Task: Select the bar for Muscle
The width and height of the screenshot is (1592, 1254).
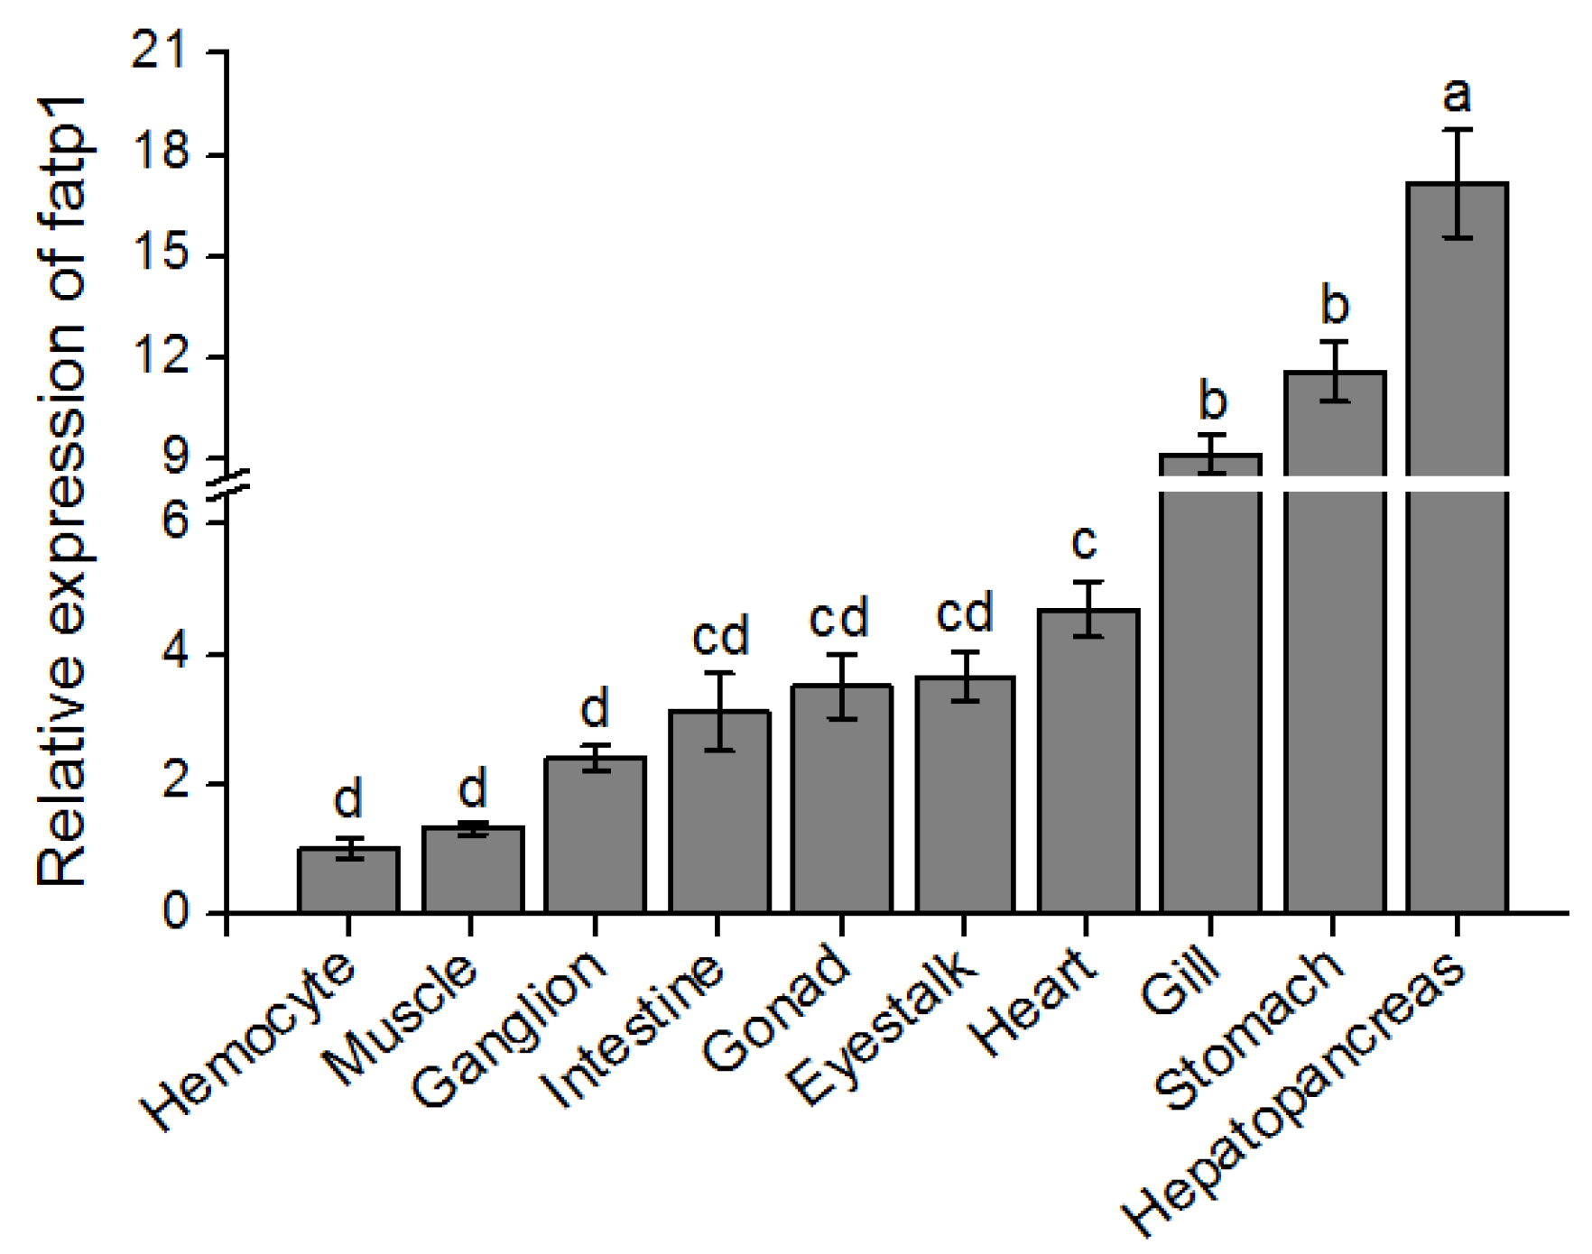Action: [x=473, y=871]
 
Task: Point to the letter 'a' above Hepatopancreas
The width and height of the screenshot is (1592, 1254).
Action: [x=1458, y=95]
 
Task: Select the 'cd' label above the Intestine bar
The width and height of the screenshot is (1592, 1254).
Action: [x=720, y=637]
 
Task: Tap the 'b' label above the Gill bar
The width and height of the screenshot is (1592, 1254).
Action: [x=1213, y=401]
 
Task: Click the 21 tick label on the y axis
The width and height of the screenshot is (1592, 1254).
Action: [x=161, y=52]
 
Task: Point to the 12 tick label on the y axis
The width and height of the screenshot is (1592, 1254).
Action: [x=161, y=357]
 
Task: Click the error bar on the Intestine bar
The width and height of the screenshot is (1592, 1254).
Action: [x=719, y=711]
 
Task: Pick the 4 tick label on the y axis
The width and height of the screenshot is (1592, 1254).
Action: [x=176, y=654]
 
